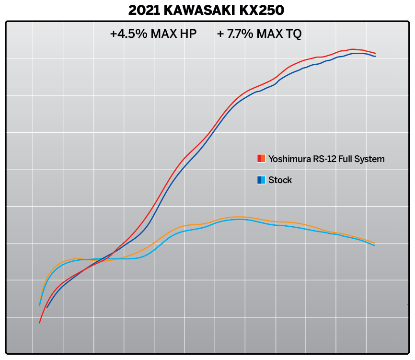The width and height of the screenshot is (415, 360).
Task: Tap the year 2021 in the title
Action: tap(143, 10)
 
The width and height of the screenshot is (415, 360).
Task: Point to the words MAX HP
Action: tap(174, 35)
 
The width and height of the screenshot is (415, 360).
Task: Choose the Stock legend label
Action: tap(280, 180)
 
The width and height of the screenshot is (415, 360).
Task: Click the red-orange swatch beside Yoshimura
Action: tap(261, 159)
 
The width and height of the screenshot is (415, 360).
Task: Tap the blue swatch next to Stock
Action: tap(261, 180)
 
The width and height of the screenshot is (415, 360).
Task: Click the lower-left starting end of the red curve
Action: tap(39, 323)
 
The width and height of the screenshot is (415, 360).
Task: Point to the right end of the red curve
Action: tap(375, 53)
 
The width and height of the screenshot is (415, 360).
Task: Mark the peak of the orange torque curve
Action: tap(237, 217)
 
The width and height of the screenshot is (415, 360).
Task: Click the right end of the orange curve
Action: tap(374, 243)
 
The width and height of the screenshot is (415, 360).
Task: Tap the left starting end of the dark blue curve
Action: tap(46, 307)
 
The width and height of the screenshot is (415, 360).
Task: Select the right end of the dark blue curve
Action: tap(375, 56)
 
